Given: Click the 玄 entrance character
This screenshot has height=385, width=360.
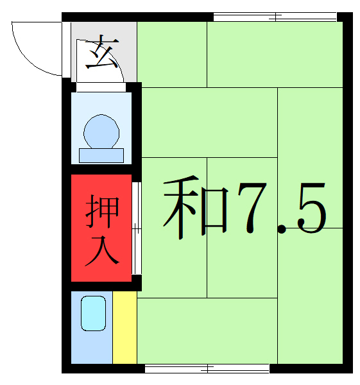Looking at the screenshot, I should pos(102,54).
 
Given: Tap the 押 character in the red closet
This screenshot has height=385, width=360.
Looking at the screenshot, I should pos(102,212).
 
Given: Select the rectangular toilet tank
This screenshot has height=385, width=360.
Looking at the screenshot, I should pos(101,155).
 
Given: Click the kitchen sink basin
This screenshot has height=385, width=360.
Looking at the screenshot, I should pos(92,314).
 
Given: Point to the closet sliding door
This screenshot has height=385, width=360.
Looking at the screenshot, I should pos(135,228).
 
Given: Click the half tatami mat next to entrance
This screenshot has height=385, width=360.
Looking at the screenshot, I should pos(171,54).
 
